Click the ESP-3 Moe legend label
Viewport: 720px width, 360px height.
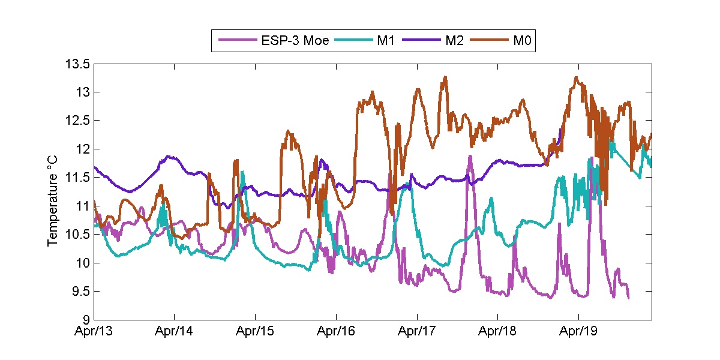coord(295,41)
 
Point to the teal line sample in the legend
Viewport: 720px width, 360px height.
coord(354,41)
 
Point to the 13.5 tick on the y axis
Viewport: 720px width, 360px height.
coord(78,64)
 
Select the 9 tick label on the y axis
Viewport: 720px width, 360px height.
coord(86,320)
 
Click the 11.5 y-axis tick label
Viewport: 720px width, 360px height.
coord(78,178)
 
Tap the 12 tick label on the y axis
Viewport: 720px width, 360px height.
coord(83,149)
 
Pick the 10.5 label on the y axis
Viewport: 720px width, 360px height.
coord(78,235)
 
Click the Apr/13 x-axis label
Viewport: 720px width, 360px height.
coord(95,331)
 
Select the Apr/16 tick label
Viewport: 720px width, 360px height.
coord(336,331)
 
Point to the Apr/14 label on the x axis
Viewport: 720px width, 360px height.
coord(175,331)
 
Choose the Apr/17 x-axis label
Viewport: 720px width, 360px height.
coord(416,331)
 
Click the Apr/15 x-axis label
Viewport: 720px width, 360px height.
coord(255,331)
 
